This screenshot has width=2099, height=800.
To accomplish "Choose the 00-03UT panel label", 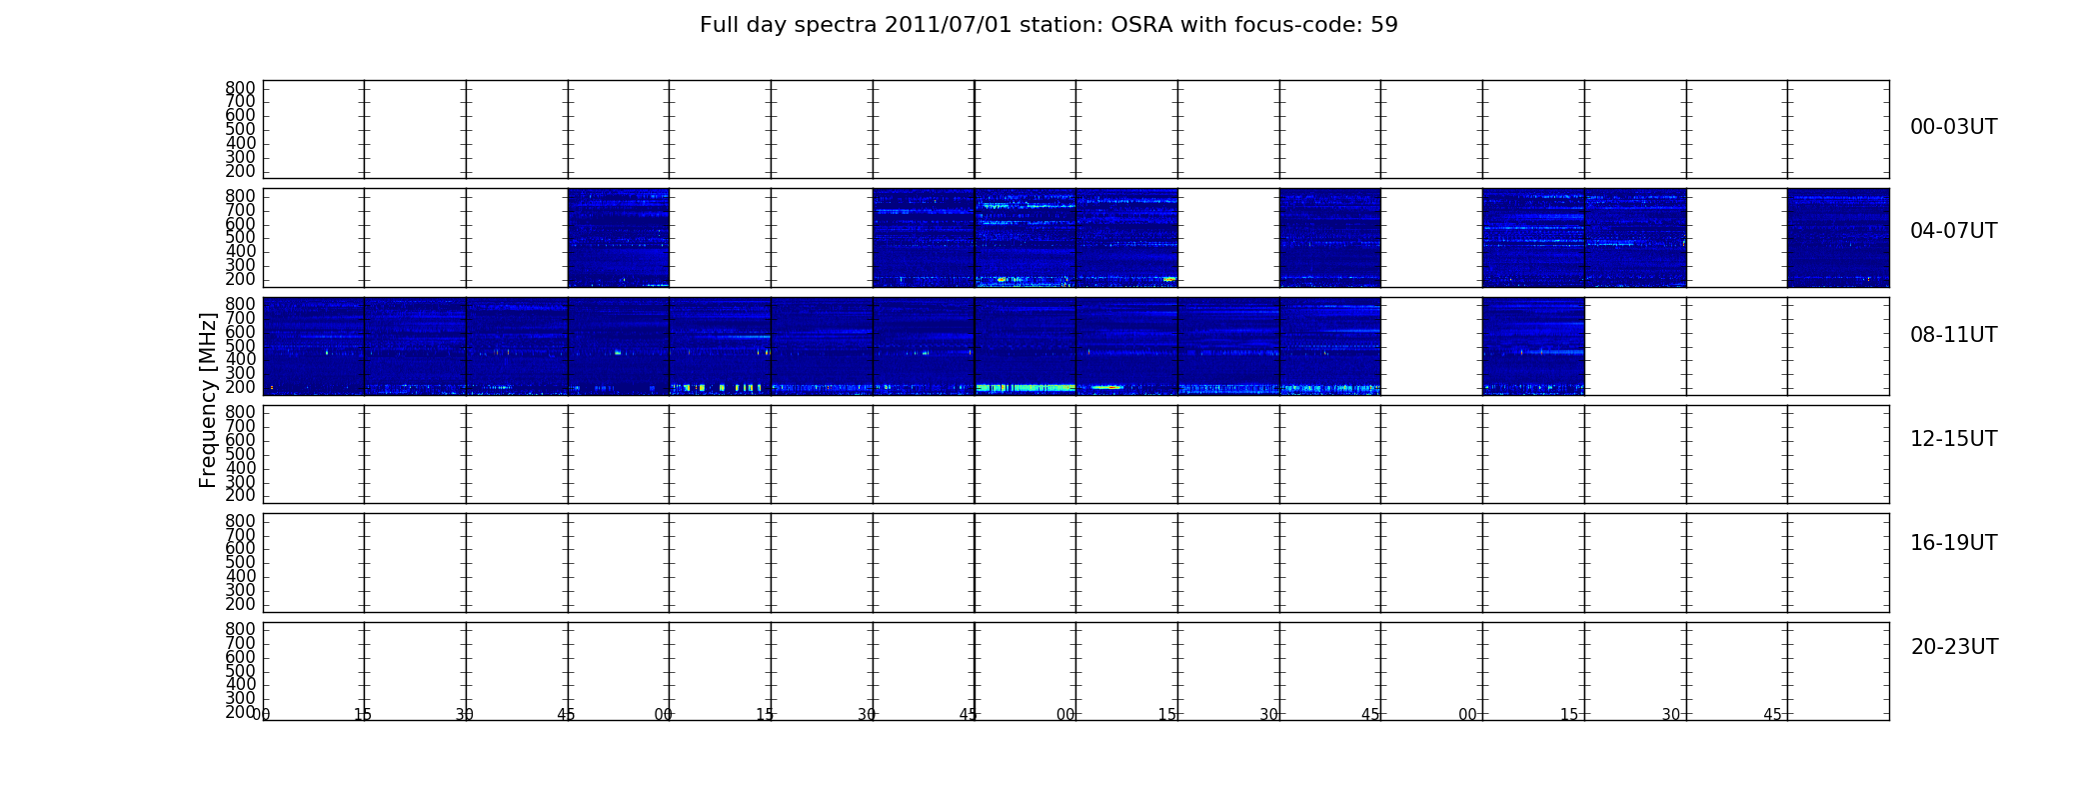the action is (x=1953, y=127).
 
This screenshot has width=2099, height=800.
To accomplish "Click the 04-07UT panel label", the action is (x=1953, y=231).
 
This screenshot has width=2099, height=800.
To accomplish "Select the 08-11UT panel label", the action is (x=1953, y=335).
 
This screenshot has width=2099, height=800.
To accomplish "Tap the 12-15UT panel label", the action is (x=1953, y=439).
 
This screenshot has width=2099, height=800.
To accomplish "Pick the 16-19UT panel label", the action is (x=1953, y=543).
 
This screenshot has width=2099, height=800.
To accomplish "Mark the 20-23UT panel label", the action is (x=1954, y=647).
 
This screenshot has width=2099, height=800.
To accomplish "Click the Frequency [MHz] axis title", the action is (x=208, y=400).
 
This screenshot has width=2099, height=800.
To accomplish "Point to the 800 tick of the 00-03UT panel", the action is (x=240, y=88).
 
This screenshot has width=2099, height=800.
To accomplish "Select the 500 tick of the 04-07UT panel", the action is (x=240, y=238).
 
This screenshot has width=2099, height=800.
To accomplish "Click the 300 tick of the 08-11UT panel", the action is (x=240, y=373).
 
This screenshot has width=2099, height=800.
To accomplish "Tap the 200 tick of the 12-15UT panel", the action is (x=240, y=495).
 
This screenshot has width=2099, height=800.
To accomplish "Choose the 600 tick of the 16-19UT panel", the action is (x=240, y=548).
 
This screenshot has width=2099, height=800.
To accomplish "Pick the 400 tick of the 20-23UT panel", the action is (x=240, y=685).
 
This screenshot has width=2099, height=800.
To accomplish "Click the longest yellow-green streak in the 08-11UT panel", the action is (x=1025, y=387).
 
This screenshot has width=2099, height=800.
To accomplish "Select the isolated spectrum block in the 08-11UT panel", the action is (x=1533, y=346).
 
